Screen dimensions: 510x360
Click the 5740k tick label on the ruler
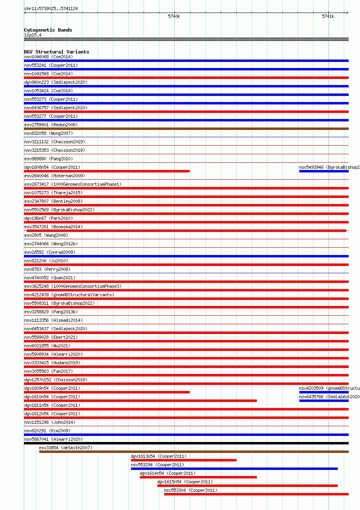point(174,17)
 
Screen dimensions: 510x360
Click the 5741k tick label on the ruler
point(328,17)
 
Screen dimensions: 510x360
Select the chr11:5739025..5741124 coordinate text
point(51,8)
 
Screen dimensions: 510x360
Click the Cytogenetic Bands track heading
point(48,30)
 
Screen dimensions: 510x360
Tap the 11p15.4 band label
point(33,35)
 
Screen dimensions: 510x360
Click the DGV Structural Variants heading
point(57,52)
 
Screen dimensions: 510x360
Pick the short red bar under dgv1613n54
point(184,460)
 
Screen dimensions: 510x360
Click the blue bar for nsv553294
point(234,469)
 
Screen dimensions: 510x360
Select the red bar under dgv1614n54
point(198,477)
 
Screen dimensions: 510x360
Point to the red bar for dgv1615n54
point(248,486)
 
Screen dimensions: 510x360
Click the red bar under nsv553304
point(256,494)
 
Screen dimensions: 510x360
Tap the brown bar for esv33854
point(194,452)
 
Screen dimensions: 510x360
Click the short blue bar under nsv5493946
point(324,171)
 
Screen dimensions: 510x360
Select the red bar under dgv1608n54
point(107,171)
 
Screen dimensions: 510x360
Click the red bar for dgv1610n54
point(140,401)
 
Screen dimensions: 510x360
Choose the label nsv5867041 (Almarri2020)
point(53,439)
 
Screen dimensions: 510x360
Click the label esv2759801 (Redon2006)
point(51,125)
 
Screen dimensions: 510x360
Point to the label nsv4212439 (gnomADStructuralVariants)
point(69,295)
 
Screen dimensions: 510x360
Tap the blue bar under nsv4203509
point(324,392)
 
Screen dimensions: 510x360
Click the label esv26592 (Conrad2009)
point(50,252)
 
